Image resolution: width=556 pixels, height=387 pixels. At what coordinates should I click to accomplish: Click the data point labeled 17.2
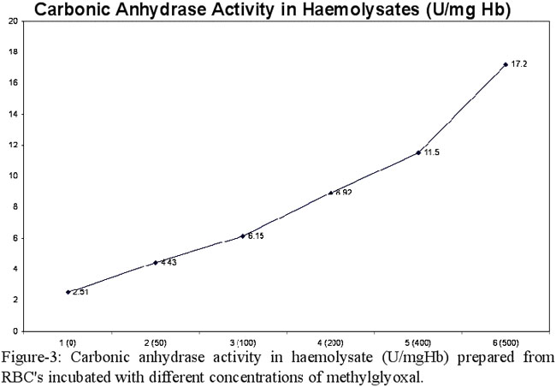coord(506,64)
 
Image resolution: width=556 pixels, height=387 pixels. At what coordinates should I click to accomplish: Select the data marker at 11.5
coord(418,152)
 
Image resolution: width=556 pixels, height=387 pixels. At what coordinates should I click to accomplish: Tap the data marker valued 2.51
coord(68,292)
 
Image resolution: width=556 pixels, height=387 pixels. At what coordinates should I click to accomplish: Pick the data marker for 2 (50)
coord(155,262)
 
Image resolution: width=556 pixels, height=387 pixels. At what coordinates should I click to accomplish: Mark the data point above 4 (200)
coord(330,193)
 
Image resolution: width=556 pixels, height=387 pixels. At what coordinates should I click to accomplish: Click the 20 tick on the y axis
coord(10,21)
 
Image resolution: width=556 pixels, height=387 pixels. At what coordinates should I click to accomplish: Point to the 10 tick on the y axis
coord(10,176)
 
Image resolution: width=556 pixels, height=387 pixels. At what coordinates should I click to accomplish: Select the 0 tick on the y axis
coord(12,330)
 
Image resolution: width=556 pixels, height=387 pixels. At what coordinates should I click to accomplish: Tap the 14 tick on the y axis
coord(10,114)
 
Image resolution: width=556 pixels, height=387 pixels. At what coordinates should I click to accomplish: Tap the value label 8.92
coord(343,193)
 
